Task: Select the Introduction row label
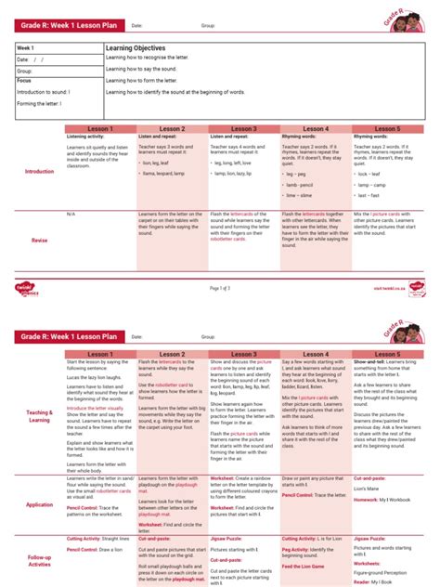pos(39,171)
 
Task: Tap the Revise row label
pos(39,240)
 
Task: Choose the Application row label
pos(39,505)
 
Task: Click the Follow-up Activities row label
pos(39,561)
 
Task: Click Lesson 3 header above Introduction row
pos(243,128)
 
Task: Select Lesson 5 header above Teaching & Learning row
pos(386,354)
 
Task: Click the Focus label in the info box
pos(24,81)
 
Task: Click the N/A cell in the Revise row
pos(71,214)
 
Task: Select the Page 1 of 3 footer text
pos(220,288)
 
